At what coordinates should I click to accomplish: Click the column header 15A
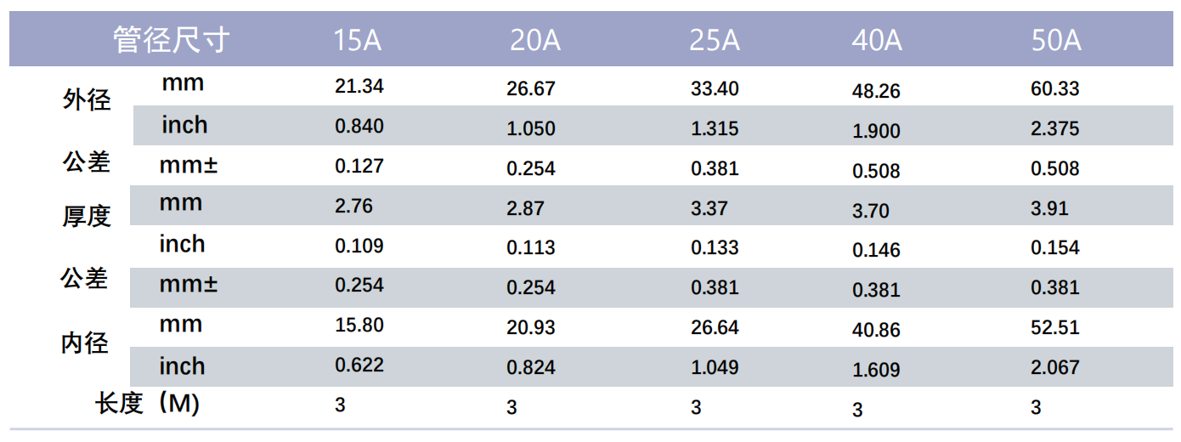click(x=358, y=40)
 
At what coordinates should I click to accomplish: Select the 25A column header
click(x=715, y=40)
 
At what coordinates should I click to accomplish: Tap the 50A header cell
click(x=1056, y=40)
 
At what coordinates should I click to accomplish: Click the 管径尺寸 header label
click(x=172, y=40)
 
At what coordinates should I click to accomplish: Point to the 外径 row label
click(x=87, y=99)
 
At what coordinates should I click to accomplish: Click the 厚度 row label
click(x=87, y=216)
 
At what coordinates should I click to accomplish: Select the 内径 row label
click(x=85, y=343)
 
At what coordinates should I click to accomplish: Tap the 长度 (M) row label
click(x=147, y=404)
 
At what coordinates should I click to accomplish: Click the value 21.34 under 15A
click(x=359, y=86)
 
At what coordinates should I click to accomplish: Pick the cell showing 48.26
click(x=876, y=91)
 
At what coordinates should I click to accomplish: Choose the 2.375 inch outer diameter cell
click(x=1055, y=128)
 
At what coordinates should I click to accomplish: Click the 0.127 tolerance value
click(x=359, y=166)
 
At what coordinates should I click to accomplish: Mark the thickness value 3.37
click(x=709, y=208)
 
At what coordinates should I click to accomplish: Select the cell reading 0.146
click(x=876, y=250)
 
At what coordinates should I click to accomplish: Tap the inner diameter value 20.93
click(x=531, y=327)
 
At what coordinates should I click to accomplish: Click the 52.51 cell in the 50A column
click(x=1055, y=327)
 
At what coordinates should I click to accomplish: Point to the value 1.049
click(x=715, y=367)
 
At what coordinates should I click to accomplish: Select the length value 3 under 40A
click(x=857, y=410)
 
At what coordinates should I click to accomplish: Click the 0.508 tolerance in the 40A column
click(x=876, y=171)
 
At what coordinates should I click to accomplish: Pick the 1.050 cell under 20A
click(x=531, y=128)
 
